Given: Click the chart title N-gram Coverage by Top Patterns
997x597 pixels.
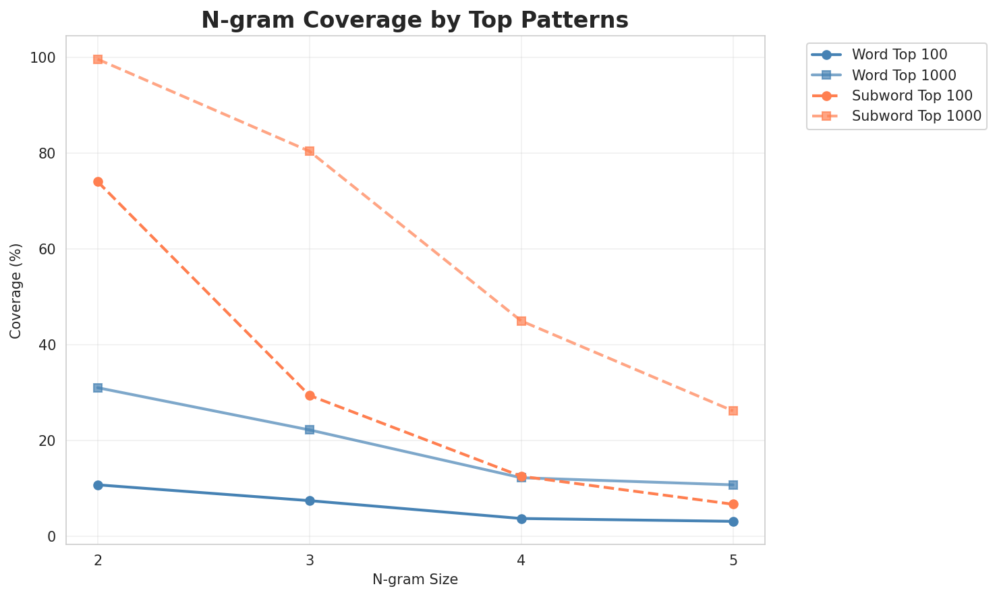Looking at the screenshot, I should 415,20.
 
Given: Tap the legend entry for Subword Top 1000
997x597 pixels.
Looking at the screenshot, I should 916,115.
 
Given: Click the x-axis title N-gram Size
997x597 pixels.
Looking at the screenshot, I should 415,579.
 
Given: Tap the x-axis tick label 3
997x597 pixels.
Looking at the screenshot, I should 310,559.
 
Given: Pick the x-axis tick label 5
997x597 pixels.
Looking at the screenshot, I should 733,559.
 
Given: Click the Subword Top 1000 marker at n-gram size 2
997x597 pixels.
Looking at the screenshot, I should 98,59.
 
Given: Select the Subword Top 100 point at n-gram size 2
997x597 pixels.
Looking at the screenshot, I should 98,181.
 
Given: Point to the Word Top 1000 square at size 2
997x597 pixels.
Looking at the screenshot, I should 98,388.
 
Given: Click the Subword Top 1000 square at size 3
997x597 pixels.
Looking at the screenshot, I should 310,151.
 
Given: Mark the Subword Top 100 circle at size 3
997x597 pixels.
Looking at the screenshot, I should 310,395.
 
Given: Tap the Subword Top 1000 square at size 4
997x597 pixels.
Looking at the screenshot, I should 521,321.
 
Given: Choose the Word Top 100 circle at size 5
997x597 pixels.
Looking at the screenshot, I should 733,521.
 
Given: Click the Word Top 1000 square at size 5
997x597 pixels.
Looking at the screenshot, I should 733,485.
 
